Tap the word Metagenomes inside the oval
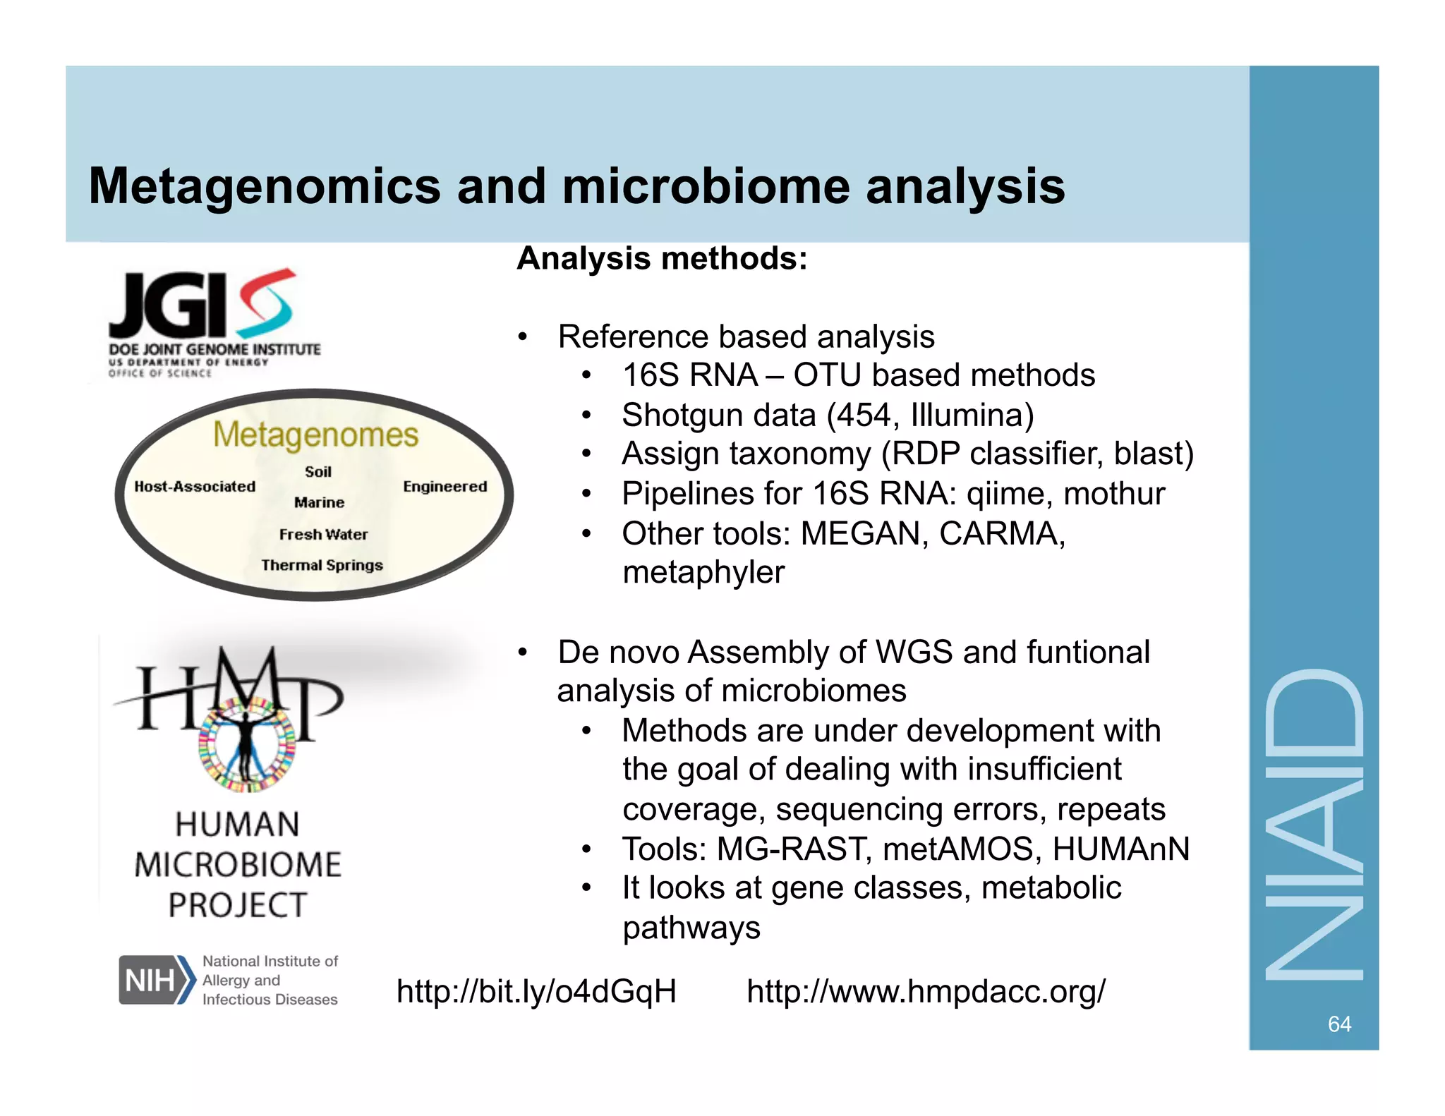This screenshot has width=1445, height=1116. pos(315,435)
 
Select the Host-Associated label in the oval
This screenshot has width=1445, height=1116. pos(195,487)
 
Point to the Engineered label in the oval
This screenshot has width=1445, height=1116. pos(445,487)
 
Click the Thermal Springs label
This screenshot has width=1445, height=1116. pos(322,565)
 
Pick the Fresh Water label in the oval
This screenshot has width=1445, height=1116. pos(323,535)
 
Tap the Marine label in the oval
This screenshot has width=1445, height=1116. pos(319,502)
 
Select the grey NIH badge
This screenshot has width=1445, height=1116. pos(151,979)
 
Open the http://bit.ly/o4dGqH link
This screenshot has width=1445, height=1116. pos(536,991)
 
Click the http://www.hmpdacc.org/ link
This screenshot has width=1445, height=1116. pos(926,991)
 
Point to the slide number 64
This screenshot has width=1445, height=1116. pos(1339,1024)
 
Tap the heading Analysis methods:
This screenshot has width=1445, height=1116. pos(662,259)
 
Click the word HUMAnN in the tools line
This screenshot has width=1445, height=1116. pos(1120,849)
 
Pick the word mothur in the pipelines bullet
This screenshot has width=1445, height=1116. pos(1114,494)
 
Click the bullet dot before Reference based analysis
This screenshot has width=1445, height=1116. pos(522,336)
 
